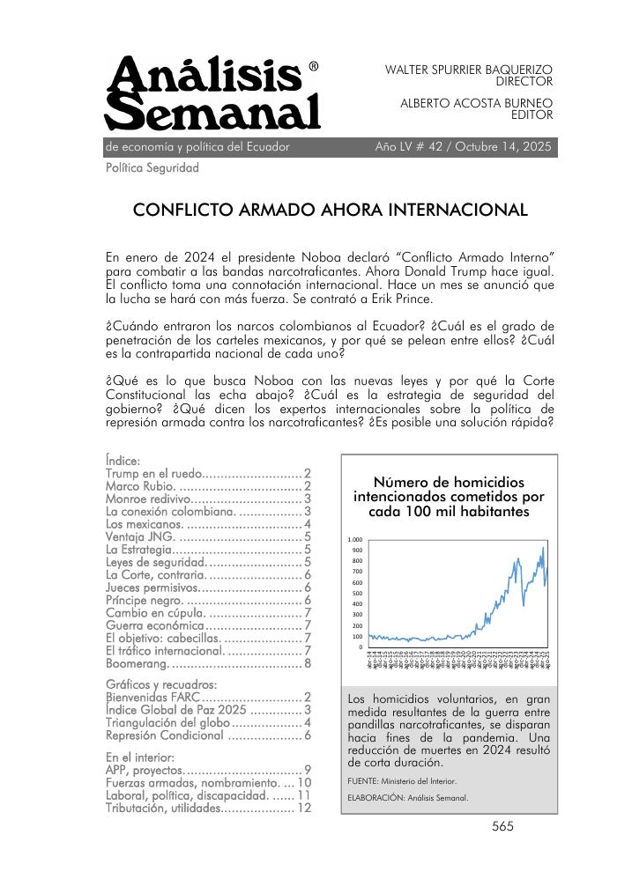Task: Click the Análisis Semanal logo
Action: click(212, 94)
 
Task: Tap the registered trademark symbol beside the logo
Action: click(315, 67)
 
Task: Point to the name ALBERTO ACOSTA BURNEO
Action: click(477, 103)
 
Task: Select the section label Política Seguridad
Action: click(152, 167)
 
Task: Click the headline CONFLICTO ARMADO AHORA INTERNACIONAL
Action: click(330, 211)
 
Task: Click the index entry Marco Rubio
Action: click(141, 485)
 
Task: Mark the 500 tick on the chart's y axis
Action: click(357, 594)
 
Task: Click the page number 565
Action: click(502, 826)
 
